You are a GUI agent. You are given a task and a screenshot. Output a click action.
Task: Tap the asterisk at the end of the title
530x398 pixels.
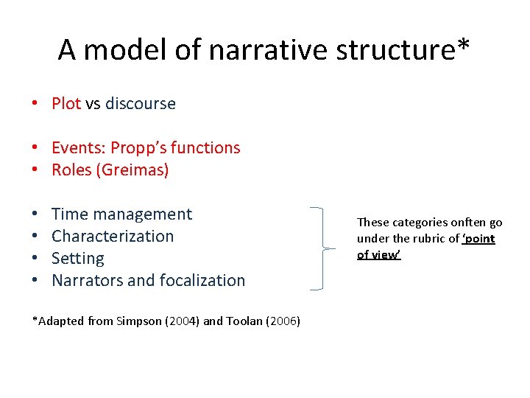463,46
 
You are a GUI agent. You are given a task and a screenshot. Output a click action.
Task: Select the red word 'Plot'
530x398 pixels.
66,103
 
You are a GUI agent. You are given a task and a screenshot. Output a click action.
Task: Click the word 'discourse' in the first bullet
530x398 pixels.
140,103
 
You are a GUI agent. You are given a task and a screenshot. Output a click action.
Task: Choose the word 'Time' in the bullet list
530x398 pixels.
69,214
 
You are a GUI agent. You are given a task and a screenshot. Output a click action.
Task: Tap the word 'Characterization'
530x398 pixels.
113,237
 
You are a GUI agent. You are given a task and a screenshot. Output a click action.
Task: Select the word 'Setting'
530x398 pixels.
78,259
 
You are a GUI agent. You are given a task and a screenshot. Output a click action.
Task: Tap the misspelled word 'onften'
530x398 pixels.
468,223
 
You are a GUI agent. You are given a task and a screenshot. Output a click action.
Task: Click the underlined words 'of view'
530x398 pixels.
378,254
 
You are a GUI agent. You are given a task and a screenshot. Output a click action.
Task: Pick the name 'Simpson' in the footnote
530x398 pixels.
138,321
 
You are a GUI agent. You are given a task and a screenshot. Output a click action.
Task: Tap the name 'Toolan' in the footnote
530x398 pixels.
240,321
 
